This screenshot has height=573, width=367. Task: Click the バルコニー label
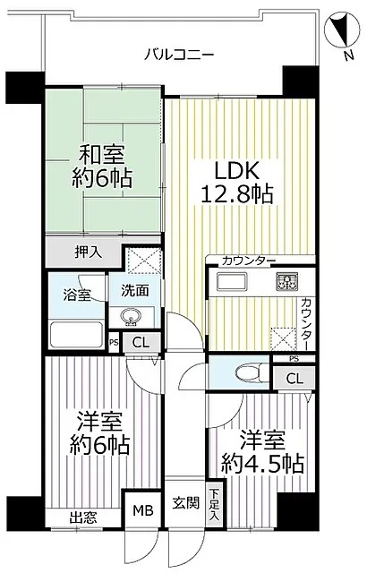click(x=179, y=56)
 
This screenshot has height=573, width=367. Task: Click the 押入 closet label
click(x=87, y=252)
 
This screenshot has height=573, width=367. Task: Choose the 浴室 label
click(x=75, y=294)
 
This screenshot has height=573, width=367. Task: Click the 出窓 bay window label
click(x=83, y=517)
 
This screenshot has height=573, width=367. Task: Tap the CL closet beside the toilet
click(x=294, y=379)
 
